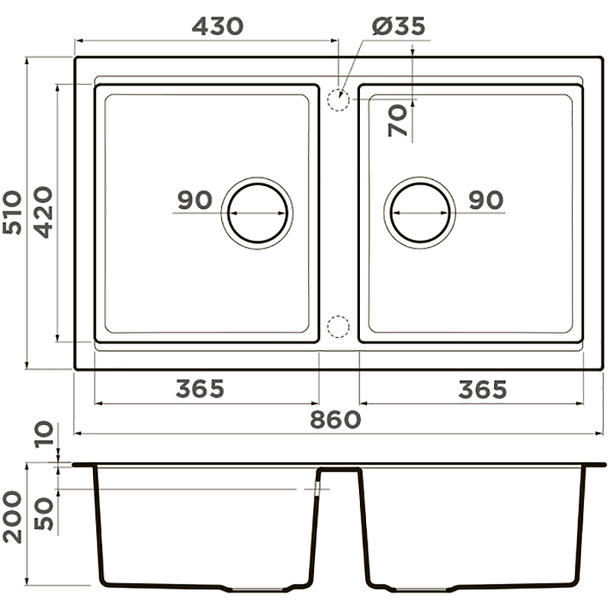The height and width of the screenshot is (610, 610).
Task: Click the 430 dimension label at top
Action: tap(218, 27)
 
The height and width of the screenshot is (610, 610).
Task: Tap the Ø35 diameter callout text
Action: tap(398, 27)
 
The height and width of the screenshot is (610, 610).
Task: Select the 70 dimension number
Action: tap(397, 121)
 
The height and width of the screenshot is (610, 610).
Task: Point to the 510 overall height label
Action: tap(11, 213)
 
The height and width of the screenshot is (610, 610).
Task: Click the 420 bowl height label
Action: tap(43, 213)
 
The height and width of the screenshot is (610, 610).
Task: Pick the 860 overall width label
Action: tap(335, 420)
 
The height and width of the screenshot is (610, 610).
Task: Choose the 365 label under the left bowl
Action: tap(200, 389)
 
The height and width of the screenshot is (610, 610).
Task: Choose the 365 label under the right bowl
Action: tap(483, 390)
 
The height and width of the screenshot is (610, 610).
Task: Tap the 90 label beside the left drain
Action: tap(195, 200)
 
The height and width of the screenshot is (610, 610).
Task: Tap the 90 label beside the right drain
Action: tap(486, 200)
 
